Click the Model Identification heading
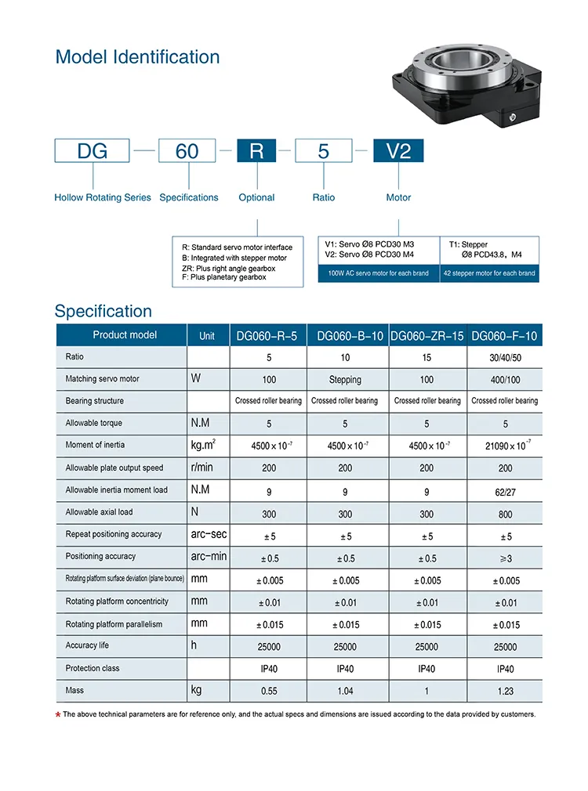click(x=137, y=57)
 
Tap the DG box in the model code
click(x=93, y=150)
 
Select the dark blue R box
click(x=256, y=150)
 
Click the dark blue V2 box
click(x=398, y=150)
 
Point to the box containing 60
click(x=187, y=150)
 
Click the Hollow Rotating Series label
click(x=103, y=197)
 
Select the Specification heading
click(x=103, y=311)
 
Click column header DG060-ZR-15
click(x=426, y=336)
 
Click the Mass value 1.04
click(x=345, y=691)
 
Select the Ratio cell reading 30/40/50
click(x=505, y=357)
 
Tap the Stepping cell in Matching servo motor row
click(x=345, y=380)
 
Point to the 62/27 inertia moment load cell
click(x=505, y=491)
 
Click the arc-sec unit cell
click(x=209, y=534)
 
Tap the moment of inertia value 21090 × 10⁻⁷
click(x=505, y=446)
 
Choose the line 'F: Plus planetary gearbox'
click(x=223, y=277)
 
